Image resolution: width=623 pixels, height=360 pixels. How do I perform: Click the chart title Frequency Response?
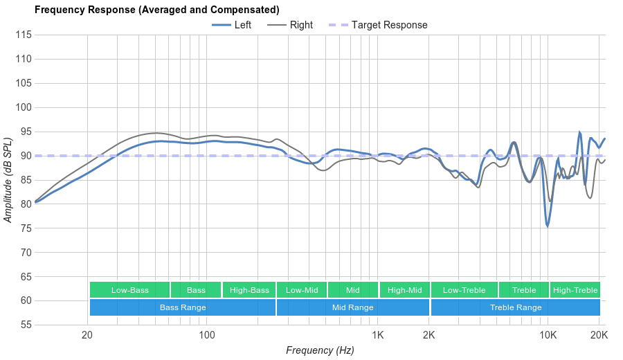156,10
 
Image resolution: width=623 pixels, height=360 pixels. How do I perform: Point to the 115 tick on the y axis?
24,35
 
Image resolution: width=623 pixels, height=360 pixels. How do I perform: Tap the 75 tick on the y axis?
24,228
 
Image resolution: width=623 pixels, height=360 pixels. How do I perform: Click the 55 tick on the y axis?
24,325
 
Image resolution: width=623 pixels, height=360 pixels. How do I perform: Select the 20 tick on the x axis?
87,335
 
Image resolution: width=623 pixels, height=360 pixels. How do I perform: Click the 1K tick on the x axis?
378,335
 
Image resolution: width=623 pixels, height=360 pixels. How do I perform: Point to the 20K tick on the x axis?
599,335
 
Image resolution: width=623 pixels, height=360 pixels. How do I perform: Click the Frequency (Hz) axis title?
320,350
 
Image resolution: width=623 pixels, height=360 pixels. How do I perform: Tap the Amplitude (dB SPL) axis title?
8,180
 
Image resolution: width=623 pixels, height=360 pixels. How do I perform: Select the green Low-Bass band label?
129,290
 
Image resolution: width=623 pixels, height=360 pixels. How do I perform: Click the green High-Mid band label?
405,290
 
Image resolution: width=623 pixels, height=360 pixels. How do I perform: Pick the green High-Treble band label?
575,290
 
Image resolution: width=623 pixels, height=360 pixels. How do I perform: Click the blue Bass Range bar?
183,307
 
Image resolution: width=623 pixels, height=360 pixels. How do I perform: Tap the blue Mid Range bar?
352,307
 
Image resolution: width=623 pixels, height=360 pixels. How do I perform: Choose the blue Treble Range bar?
516,307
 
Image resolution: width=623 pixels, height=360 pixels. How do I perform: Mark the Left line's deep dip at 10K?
547,226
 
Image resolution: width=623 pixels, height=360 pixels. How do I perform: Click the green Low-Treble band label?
464,290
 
